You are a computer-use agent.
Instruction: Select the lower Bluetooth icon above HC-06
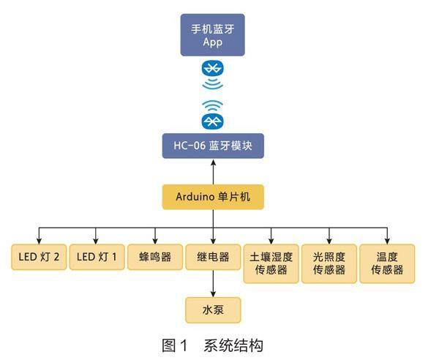pos(212,119)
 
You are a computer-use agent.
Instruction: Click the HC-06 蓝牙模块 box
pos(212,146)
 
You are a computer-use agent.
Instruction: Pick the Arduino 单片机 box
pos(212,197)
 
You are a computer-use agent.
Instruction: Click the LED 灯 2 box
pos(38,258)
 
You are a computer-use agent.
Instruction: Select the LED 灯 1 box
pos(97,258)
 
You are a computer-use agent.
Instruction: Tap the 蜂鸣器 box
pos(155,258)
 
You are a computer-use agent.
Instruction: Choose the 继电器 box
pos(213,258)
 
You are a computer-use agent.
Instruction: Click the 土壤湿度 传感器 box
pos(271,263)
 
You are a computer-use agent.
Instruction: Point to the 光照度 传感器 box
pos(329,263)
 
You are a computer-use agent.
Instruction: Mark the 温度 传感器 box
pos(387,263)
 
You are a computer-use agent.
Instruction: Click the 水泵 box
pos(212,310)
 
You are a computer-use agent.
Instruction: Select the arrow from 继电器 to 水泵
pos(212,283)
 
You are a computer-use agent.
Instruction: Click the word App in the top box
pos(212,42)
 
